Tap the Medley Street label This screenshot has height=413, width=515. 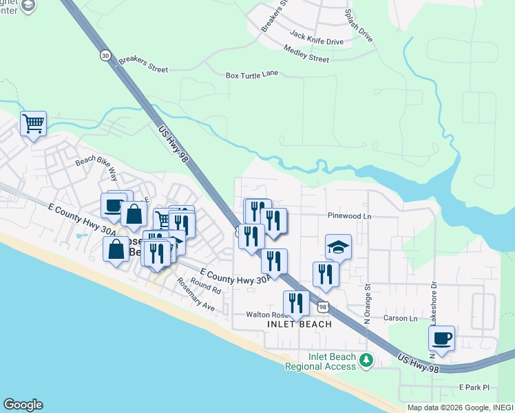click(306, 53)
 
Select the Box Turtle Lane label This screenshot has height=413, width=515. click(252, 74)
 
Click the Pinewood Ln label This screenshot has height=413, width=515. click(349, 215)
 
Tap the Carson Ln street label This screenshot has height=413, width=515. click(400, 318)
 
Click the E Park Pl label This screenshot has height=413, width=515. click(474, 388)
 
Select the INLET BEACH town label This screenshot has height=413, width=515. click(299, 324)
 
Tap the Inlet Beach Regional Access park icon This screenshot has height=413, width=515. click(366, 359)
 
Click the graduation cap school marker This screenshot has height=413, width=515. click(338, 246)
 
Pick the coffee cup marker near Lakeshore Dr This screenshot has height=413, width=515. click(441, 338)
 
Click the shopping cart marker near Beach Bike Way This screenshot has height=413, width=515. click(33, 124)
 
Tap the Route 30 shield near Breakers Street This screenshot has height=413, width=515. click(104, 56)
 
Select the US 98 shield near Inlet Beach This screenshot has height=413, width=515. click(322, 306)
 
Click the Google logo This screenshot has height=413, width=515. click(23, 405)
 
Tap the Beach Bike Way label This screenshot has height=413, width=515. click(96, 169)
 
